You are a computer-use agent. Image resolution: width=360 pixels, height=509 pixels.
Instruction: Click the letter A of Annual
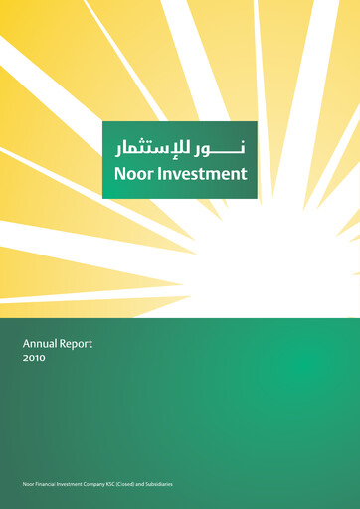[27, 343]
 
